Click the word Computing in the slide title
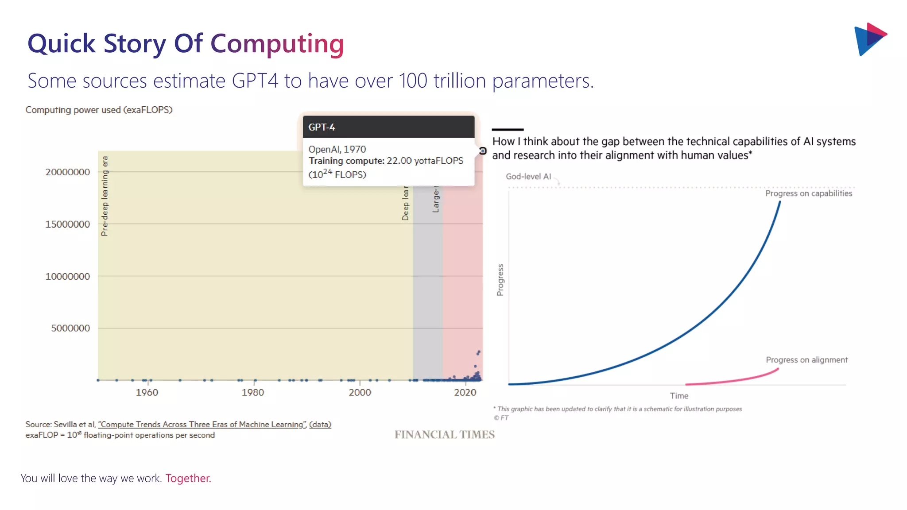point(277,44)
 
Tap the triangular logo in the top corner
point(869,39)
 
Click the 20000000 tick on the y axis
point(67,172)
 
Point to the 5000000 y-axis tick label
point(70,328)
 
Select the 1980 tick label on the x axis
point(252,393)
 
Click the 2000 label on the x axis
point(360,393)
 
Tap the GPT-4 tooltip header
point(388,127)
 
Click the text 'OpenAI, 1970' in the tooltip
point(337,149)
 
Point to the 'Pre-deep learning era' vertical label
point(105,196)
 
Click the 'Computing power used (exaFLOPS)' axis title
point(99,110)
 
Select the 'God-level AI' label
point(528,177)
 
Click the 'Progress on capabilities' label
point(808,193)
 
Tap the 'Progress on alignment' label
point(806,360)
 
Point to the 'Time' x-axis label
point(679,396)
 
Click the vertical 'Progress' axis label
point(500,280)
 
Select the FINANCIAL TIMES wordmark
point(444,435)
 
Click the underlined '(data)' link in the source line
point(320,425)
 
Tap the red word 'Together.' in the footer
point(188,479)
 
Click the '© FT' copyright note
point(501,418)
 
